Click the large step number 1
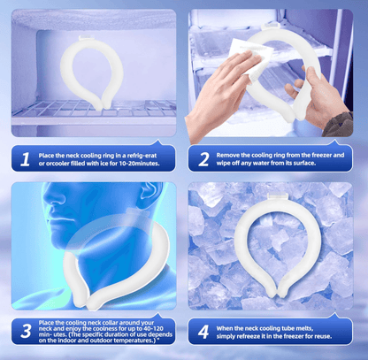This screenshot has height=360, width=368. pos(26,159)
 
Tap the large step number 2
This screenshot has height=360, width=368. pos(203,159)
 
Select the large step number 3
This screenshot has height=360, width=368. pos(26,331)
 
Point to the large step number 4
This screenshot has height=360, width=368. pos(203,332)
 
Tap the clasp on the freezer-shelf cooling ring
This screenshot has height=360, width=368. pos(86,37)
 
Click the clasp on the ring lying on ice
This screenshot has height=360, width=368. pos(277,196)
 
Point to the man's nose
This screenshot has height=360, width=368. pos(49,204)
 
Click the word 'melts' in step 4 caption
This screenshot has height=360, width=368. pos(304,328)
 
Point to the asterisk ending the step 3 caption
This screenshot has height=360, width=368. pos(158,340)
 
